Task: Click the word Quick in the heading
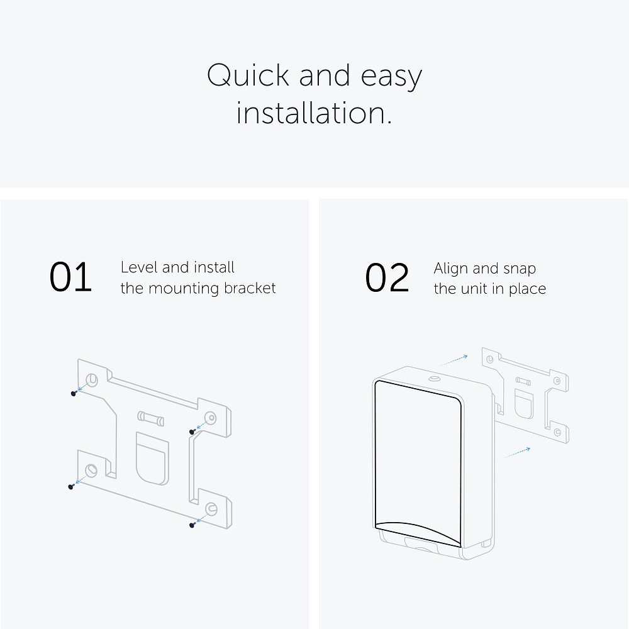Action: coord(248,75)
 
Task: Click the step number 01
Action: coord(70,277)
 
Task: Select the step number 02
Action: coord(387,277)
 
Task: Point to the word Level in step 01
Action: coord(139,267)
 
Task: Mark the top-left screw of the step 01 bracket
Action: coord(74,394)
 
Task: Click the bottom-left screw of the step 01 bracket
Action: coord(71,487)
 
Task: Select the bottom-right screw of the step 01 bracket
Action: coord(192,525)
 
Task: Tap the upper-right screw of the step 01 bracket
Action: coord(192,431)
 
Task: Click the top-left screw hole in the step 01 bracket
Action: coord(92,379)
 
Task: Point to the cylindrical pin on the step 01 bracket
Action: coord(150,418)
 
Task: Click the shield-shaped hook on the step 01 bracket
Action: coord(152,459)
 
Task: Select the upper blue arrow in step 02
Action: coord(454,360)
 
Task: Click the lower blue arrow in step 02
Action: coord(516,453)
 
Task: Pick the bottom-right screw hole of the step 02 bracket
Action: coord(557,432)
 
